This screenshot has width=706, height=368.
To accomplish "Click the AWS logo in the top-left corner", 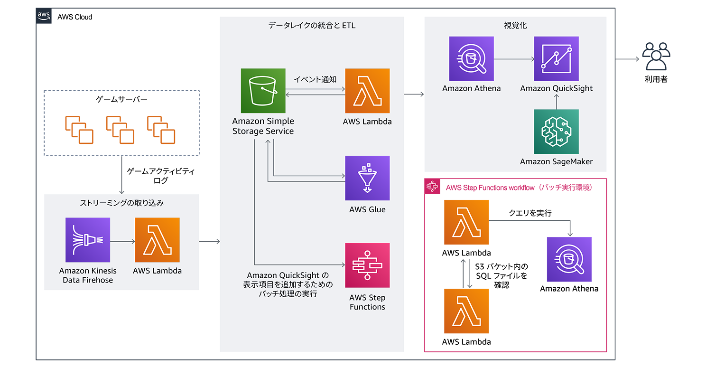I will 44,16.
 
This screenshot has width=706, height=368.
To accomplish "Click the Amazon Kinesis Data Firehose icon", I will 88,240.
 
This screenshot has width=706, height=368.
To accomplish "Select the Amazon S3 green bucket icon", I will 262,91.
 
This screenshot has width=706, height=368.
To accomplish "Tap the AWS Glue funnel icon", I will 367,178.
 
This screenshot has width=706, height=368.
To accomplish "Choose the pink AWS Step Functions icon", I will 367,265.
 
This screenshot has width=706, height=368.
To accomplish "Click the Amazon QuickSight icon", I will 556,59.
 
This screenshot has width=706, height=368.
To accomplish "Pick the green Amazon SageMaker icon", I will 556,132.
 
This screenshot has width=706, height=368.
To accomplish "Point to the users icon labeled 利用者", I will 656,57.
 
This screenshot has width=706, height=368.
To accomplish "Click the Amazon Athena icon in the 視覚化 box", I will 471,59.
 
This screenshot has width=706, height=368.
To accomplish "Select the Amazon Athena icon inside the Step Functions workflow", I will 569,259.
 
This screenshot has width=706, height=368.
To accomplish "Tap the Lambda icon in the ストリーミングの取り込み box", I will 157,240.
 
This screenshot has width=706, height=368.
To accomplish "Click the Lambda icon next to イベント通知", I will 367,91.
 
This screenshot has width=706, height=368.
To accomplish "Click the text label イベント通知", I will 315,79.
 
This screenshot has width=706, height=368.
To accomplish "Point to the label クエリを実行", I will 530,213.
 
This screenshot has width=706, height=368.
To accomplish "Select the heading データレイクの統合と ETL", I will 312,26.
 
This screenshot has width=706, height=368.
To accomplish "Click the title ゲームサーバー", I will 122,99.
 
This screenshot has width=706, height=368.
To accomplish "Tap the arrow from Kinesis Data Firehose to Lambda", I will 122,242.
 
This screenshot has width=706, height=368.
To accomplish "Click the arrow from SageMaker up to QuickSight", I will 556,101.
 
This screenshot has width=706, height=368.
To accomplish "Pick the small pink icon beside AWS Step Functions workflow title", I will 432,187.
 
